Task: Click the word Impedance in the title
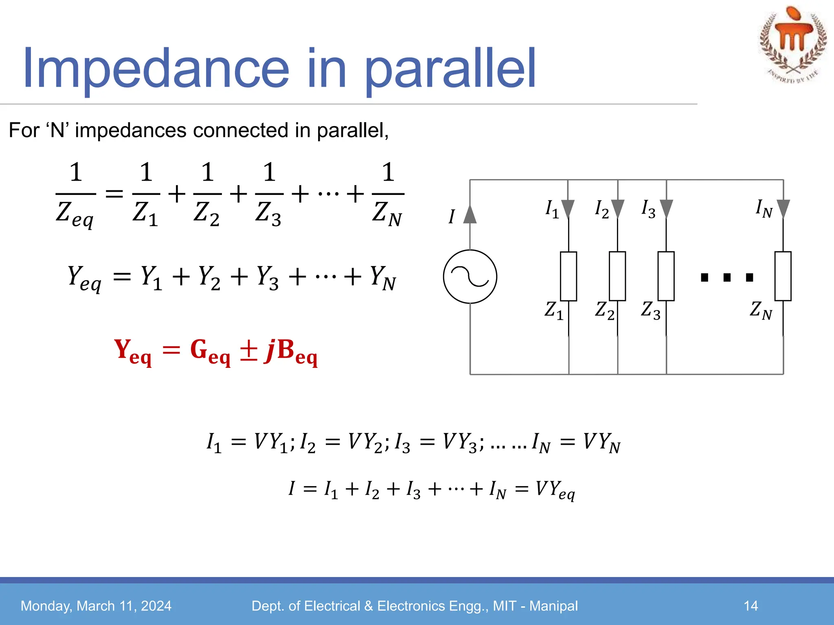coord(156,69)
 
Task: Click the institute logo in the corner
coord(792,45)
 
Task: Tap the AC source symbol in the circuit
coord(470,277)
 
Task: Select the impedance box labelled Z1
coord(568,276)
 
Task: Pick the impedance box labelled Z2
coord(617,276)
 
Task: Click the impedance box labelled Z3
coord(666,276)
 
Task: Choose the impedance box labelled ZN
coord(783,276)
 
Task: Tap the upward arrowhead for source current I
coord(470,214)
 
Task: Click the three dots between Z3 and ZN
coord(727,278)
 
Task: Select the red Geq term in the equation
coord(210,352)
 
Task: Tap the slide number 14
coord(751,606)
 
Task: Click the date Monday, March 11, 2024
coord(96,606)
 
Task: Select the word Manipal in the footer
coord(553,606)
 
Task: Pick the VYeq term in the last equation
coord(555,490)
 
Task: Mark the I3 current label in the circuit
coord(648,209)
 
